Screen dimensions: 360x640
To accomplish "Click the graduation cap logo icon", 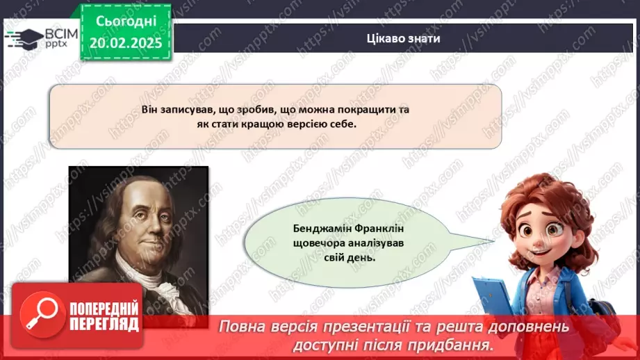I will [x=24, y=38].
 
